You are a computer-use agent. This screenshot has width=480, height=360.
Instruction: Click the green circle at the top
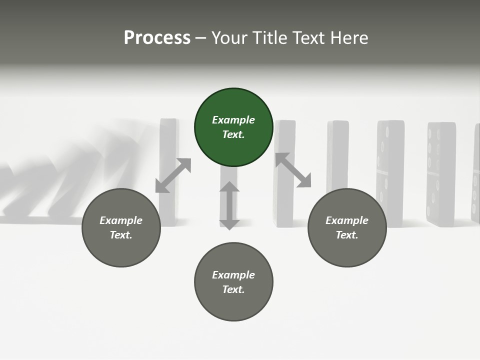pyautogui.click(x=233, y=127)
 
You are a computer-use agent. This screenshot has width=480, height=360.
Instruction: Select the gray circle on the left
pyautogui.click(x=121, y=227)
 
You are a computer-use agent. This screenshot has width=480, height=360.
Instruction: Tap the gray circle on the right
pyautogui.click(x=347, y=227)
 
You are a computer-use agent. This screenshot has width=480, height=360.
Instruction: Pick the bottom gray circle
pyautogui.click(x=233, y=282)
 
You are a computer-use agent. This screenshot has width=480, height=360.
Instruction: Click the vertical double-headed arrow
pyautogui.click(x=229, y=205)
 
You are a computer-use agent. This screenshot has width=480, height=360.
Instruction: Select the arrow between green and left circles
pyautogui.click(x=173, y=175)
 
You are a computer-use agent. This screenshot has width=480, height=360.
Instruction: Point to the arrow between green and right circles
pyautogui.click(x=293, y=170)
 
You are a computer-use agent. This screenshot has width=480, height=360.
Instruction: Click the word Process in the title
pyautogui.click(x=157, y=37)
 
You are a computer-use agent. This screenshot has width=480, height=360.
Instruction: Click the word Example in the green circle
pyautogui.click(x=233, y=120)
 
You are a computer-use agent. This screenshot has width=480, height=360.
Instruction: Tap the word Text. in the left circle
pyautogui.click(x=121, y=235)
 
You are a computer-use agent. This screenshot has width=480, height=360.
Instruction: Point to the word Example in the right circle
pyautogui.click(x=347, y=220)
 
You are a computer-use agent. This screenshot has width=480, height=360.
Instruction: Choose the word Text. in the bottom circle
pyautogui.click(x=233, y=289)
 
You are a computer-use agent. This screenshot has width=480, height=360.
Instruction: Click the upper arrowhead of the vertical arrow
pyautogui.click(x=229, y=186)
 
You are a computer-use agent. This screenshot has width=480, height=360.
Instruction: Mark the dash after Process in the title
pyautogui.click(x=200, y=38)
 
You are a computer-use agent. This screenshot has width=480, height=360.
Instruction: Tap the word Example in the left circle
pyautogui.click(x=121, y=220)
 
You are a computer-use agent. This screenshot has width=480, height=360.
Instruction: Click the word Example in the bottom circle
pyautogui.click(x=233, y=275)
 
